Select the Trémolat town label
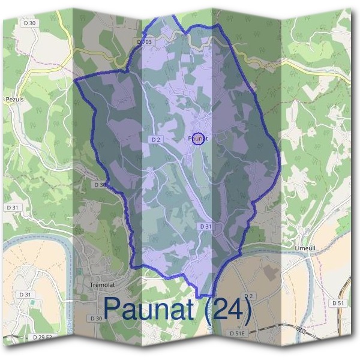101,284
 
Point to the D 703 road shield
145,42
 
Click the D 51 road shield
338,304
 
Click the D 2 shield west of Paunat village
156,139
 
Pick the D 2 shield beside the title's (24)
249,296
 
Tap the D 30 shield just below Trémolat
95,318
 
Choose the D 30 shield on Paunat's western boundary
100,185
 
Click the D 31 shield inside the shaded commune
205,226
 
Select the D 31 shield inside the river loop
25,295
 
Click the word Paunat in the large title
151,308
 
